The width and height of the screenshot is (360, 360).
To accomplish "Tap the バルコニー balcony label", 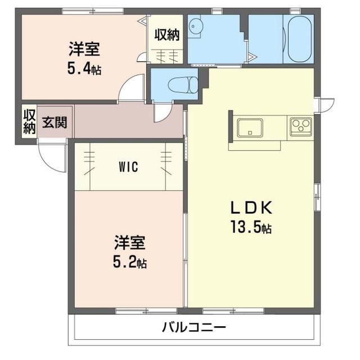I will (x=194, y=327).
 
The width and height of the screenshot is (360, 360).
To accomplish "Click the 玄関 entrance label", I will (x=54, y=122).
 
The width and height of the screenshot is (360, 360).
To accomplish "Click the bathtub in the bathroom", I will (x=300, y=39).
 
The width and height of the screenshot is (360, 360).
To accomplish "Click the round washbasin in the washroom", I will (x=195, y=26).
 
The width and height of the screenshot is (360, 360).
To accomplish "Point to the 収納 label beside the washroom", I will (x=167, y=35).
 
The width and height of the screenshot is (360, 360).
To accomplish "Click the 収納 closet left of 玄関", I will (x=29, y=121).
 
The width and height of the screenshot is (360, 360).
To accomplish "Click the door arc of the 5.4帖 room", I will (x=129, y=90).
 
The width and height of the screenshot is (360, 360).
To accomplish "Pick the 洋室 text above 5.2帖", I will (x=130, y=243).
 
